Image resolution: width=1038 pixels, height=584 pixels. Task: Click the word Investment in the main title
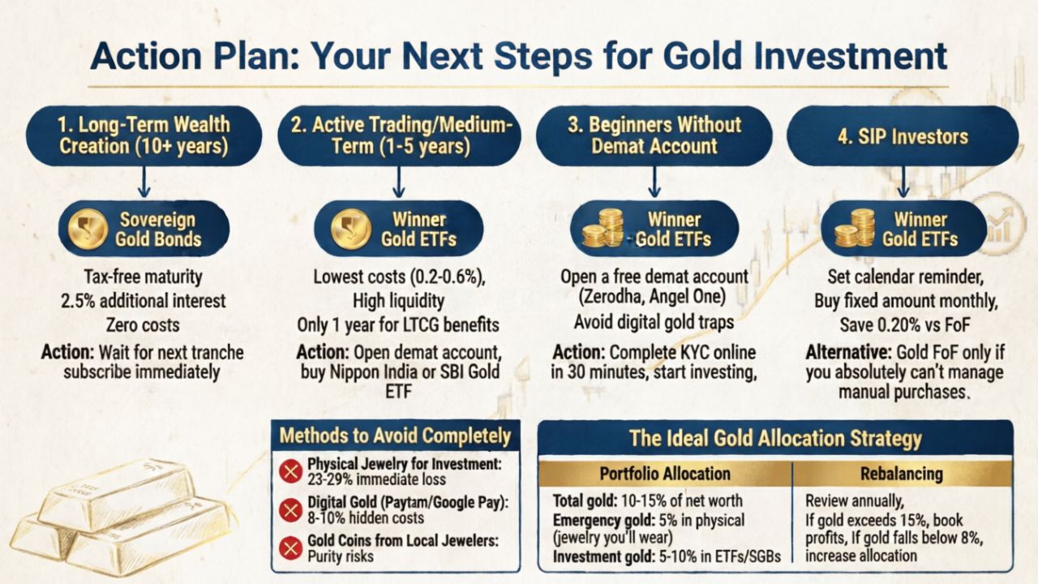[851, 56]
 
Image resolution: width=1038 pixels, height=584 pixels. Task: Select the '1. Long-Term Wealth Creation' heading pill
[144, 135]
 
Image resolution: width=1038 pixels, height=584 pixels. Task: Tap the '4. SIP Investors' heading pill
[903, 136]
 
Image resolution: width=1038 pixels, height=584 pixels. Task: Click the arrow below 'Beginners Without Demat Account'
[654, 182]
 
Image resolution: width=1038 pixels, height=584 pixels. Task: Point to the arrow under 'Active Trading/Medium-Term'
[398, 182]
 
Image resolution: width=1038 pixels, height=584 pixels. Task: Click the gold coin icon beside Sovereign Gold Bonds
[88, 229]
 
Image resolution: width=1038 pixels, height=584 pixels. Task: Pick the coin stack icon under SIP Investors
[855, 228]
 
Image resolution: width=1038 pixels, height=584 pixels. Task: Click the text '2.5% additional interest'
[144, 301]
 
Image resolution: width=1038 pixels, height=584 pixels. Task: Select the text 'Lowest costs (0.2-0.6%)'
[399, 277]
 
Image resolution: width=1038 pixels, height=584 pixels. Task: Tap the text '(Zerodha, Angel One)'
[653, 296]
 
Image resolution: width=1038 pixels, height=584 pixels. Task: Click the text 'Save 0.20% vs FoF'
[904, 325]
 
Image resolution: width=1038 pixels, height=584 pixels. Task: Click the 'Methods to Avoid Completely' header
[395, 436]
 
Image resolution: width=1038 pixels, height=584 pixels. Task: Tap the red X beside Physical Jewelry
[291, 472]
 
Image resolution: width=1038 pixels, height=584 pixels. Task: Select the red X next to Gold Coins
[291, 548]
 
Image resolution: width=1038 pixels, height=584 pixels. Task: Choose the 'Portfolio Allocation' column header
[665, 474]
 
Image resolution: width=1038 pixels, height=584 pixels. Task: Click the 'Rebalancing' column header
[902, 474]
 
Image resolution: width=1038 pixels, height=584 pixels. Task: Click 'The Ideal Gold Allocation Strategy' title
[775, 438]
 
